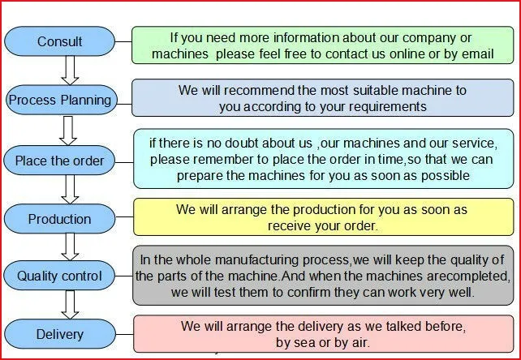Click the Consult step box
tap(59, 41)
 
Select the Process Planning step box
tap(62, 100)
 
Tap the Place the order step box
tap(59, 161)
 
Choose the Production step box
tap(59, 219)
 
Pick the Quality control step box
tap(59, 276)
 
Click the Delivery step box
tap(60, 334)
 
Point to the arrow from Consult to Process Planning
tap(70, 71)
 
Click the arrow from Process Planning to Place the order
tap(68, 131)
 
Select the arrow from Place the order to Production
tap(70, 190)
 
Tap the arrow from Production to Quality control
tap(70, 247)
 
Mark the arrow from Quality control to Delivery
tap(70, 305)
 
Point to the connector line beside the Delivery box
tap(125, 334)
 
